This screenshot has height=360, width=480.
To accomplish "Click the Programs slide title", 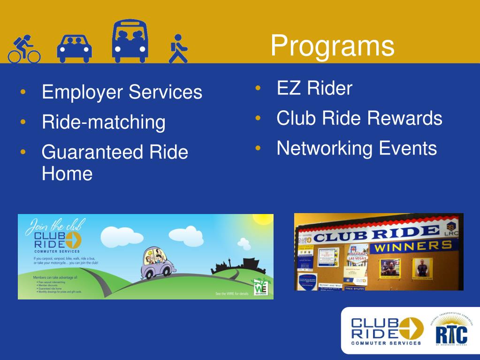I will (x=332, y=46).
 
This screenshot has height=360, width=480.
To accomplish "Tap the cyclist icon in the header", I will (x=24, y=49).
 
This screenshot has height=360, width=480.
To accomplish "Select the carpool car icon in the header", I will (x=74, y=48).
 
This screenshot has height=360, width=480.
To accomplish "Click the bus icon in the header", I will (x=130, y=41).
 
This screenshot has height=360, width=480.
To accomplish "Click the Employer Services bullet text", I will (x=122, y=92).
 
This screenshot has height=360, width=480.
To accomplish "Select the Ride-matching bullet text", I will (x=103, y=122).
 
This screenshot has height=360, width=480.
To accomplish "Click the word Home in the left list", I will (x=67, y=174).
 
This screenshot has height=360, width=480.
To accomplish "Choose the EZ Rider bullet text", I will (x=314, y=88).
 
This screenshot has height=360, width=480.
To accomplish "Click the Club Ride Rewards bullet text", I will (x=359, y=118).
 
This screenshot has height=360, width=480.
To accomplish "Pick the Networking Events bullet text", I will (x=357, y=148).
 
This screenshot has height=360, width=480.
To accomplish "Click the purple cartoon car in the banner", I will (x=159, y=263).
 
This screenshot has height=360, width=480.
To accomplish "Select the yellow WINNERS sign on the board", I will (x=412, y=245).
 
